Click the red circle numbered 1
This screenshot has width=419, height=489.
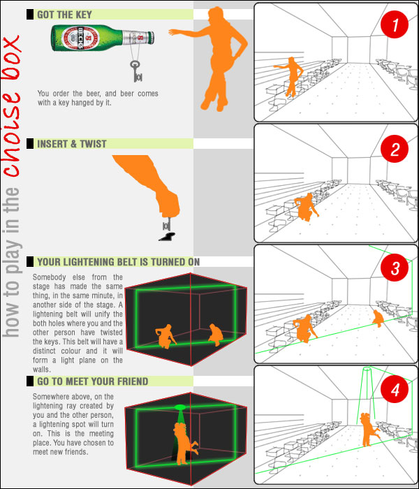pos(395,24)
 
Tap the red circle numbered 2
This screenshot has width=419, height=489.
pos(395,149)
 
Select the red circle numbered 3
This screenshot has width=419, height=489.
pos(395,268)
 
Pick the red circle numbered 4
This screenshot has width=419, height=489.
pos(395,389)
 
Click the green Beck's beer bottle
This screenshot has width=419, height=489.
pos(103,38)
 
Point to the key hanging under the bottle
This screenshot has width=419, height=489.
pos(136,71)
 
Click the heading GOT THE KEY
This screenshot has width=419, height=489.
pos(64,15)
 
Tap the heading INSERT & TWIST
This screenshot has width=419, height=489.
pos(72,144)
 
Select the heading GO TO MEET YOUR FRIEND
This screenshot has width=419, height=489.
pos(93,381)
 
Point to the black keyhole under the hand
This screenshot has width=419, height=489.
pos(168,237)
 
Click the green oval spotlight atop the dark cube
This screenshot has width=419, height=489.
pos(180,407)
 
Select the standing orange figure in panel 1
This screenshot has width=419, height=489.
pos(291,76)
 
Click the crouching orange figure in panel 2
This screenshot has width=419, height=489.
pos(306,207)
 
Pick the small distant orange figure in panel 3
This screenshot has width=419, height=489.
pos(378,318)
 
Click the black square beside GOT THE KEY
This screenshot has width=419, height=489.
pos(30,15)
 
